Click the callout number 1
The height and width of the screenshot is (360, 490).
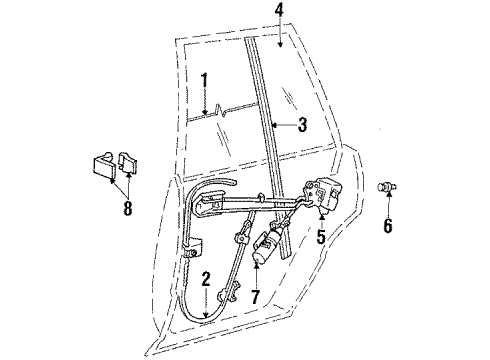203,81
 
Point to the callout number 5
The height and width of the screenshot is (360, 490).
322,239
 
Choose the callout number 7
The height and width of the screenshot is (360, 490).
257,298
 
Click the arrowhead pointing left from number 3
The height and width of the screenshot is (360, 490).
274,126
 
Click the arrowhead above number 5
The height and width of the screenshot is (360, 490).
322,212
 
